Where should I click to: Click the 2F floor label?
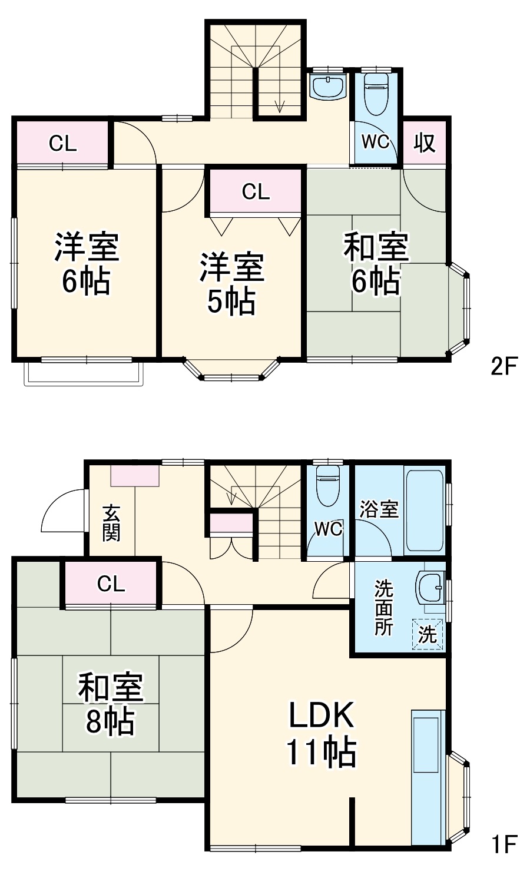click(503, 367)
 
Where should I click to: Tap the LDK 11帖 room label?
click(321, 733)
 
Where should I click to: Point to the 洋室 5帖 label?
click(231, 284)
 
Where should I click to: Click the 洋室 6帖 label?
click(87, 263)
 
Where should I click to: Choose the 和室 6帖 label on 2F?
click(376, 263)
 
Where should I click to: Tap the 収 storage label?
click(425, 142)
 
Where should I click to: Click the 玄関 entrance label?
click(111, 523)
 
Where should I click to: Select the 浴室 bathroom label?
click(379, 509)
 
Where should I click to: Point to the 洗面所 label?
click(383, 608)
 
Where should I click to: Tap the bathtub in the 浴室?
click(424, 510)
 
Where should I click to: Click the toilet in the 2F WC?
click(376, 93)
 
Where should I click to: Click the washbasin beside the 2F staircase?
click(328, 87)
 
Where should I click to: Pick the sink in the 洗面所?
click(429, 587)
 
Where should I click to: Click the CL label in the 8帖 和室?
click(111, 584)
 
